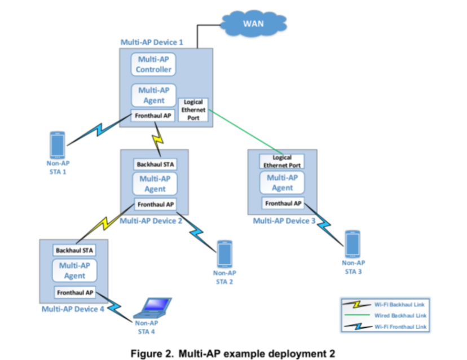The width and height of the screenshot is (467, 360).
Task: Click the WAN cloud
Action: click(253, 24)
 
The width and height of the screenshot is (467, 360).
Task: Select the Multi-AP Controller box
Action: click(153, 64)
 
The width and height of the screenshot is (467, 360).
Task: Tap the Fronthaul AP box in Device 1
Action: click(153, 116)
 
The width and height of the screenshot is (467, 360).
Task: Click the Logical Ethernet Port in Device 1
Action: click(193, 109)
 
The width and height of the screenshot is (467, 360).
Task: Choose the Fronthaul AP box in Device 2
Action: click(155, 204)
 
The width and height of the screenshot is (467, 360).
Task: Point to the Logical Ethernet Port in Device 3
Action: click(282, 161)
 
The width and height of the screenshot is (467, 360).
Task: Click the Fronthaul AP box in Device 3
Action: click(283, 203)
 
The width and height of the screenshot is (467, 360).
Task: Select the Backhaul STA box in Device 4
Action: click(74, 250)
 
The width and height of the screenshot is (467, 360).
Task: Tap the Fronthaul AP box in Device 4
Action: click(74, 292)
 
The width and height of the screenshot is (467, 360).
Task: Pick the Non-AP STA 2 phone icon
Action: click(224, 253)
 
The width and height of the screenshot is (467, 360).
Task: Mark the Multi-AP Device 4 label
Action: click(73, 309)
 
